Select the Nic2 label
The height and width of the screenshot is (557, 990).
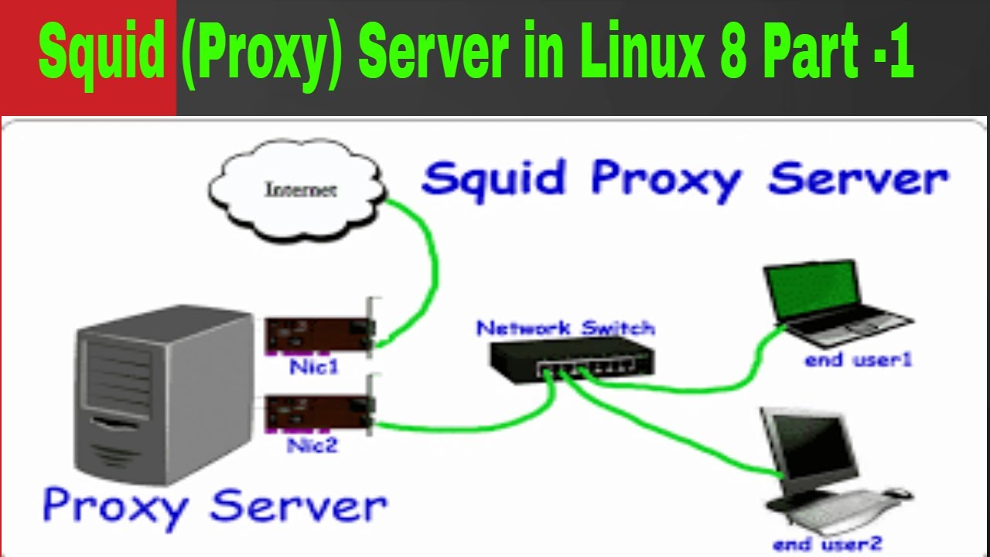[x=312, y=446]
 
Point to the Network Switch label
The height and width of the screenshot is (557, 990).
[x=565, y=328]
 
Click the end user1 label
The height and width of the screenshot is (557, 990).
[x=859, y=359]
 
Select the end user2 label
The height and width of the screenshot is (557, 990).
[x=827, y=544]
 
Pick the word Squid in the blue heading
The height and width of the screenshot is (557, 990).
[x=494, y=179]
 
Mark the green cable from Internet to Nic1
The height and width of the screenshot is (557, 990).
[x=429, y=263]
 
